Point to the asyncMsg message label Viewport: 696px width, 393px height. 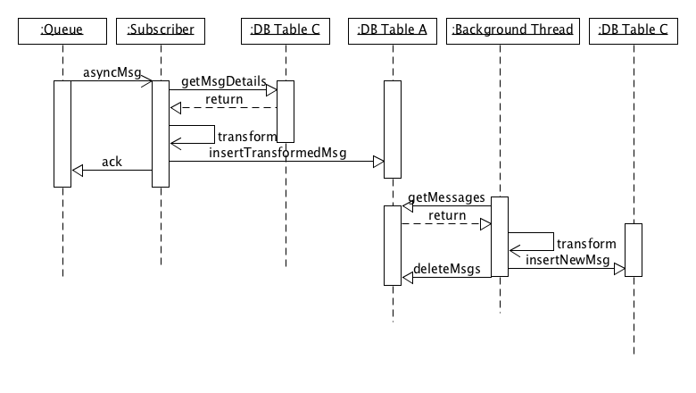pyautogui.click(x=112, y=71)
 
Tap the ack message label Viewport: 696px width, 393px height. pyautogui.click(x=112, y=162)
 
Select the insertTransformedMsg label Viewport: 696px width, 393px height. pyautogui.click(x=278, y=153)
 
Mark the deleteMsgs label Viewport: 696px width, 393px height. pyautogui.click(x=447, y=268)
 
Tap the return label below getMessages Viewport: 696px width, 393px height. pyautogui.click(x=446, y=215)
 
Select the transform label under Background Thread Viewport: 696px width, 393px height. pyautogui.click(x=585, y=243)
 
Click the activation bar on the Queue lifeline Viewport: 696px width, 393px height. pyautogui.click(x=62, y=134)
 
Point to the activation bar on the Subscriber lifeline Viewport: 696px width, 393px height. pyautogui.click(x=161, y=134)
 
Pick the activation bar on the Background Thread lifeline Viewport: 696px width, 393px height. pyautogui.click(x=500, y=237)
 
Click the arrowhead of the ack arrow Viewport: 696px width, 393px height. pyautogui.click(x=79, y=170)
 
